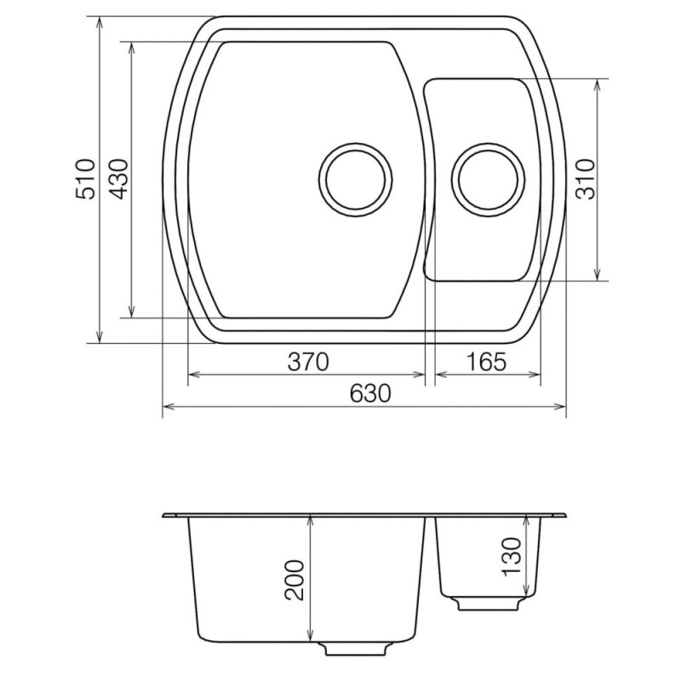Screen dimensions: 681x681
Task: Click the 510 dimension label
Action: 85,179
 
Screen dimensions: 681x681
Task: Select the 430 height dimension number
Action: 118,179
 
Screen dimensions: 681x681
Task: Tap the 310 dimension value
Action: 585,179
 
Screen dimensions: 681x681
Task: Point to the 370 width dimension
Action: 308,361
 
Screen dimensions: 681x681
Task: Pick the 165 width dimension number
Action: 486,361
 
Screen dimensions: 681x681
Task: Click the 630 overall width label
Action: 370,393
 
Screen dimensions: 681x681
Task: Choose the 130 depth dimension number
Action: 512,558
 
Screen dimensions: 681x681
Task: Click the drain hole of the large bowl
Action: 355,179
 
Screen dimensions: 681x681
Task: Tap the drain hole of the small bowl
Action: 488,179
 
